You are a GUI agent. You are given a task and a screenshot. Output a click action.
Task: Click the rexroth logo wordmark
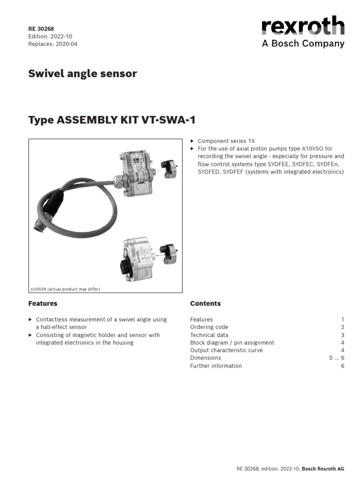[303, 26]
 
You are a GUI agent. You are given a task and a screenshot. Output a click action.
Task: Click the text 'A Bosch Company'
[303, 44]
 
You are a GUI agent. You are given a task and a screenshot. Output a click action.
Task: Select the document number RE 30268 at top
[41, 29]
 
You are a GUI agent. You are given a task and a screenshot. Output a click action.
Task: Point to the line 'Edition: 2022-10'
[50, 36]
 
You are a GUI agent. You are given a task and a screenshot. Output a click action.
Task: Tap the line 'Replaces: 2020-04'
[52, 44]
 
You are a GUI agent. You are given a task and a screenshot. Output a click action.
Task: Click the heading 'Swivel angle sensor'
[82, 74]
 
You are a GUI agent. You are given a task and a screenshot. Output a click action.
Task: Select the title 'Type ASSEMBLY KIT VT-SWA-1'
[112, 120]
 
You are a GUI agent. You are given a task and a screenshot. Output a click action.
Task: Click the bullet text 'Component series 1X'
[226, 141]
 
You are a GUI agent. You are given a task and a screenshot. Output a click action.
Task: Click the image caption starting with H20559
[65, 289]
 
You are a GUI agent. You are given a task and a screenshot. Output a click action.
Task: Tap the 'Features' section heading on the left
[43, 304]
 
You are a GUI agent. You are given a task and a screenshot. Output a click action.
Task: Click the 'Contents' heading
[205, 304]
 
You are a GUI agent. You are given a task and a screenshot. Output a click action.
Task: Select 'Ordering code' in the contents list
[209, 327]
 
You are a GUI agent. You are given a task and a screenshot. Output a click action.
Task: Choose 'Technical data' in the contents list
[209, 335]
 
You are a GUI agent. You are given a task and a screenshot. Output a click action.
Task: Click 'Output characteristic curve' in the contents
[226, 350]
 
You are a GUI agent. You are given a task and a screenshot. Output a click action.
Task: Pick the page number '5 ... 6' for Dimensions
[337, 358]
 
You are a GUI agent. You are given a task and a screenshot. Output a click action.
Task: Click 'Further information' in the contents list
[216, 366]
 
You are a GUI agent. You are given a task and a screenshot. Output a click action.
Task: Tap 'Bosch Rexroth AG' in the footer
[323, 469]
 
